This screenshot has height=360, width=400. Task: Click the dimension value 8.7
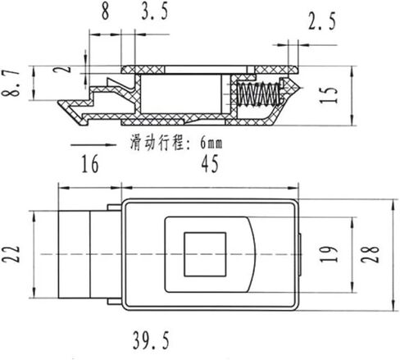coord(11,83)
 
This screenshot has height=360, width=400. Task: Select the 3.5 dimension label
coord(155,11)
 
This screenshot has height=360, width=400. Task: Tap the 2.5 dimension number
coord(322,21)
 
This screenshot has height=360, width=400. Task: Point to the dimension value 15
coord(329,95)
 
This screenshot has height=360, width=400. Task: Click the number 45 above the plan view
coord(210,163)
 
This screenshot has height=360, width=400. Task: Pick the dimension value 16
coord(90,164)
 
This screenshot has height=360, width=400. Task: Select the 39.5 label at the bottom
coord(151,340)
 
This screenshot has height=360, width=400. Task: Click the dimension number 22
coord(11,253)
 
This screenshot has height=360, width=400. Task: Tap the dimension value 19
coord(329,254)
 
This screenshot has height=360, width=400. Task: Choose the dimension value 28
coord(370,254)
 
